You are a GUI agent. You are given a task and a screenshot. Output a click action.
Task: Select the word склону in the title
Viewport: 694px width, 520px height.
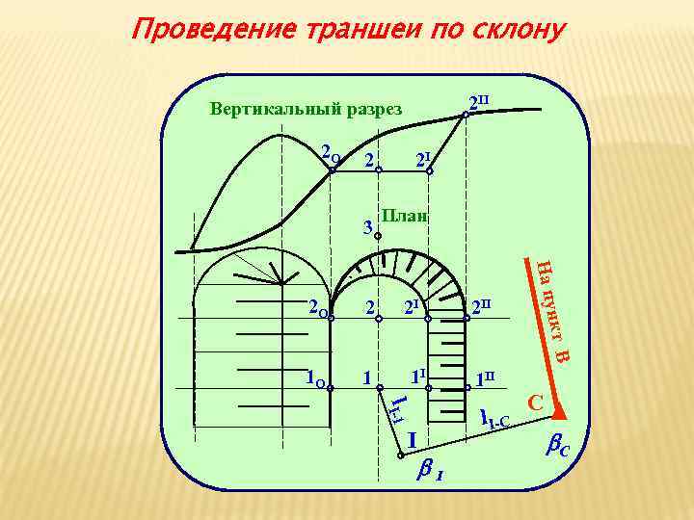(x=516, y=30)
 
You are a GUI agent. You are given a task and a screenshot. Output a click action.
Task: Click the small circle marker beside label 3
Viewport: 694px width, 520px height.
(x=379, y=235)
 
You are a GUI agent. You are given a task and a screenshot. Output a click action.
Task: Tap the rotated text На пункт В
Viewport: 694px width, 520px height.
(x=551, y=310)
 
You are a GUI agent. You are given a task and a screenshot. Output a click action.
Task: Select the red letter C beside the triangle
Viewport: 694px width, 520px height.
(x=536, y=401)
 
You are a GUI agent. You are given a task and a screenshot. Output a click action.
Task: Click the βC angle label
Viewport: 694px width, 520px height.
(x=560, y=447)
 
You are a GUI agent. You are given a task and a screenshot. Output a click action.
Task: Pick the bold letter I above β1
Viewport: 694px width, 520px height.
(x=412, y=439)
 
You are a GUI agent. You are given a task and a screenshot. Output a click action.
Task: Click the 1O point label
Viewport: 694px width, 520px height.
(x=313, y=377)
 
